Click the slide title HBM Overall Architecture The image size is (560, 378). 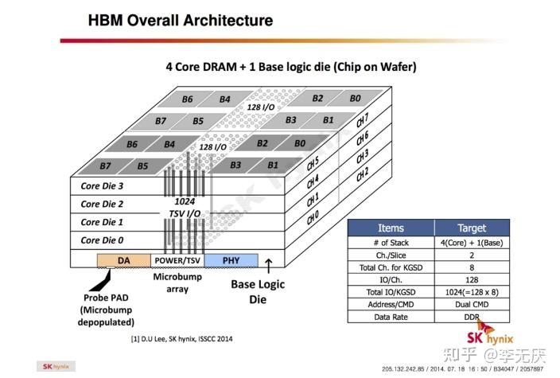click(180, 21)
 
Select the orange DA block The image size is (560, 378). click(123, 259)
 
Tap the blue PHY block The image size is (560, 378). click(231, 259)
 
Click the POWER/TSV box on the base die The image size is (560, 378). click(177, 259)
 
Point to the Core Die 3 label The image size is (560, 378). click(102, 186)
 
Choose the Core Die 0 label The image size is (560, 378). click(102, 240)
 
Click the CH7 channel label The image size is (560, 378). click(362, 120)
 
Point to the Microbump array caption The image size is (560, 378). click(177, 283)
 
